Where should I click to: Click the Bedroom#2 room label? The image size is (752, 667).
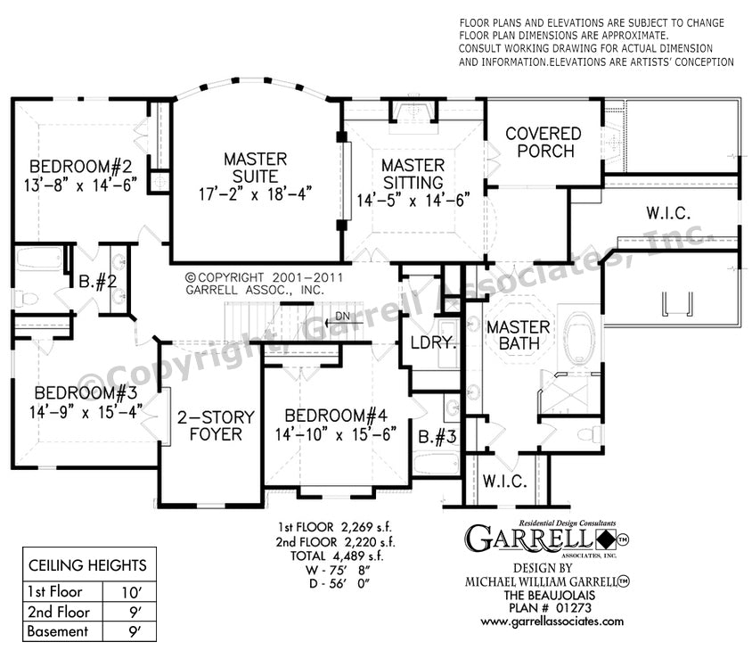click(x=80, y=167)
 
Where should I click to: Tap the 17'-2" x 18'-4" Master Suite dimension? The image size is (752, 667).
click(x=255, y=194)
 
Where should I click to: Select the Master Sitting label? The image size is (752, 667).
click(x=413, y=174)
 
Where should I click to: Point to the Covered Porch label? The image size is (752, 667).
click(x=544, y=142)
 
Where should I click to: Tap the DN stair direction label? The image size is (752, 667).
click(x=342, y=317)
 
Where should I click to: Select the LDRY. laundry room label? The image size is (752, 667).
click(x=433, y=342)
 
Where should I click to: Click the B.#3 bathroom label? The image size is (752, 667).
click(x=437, y=437)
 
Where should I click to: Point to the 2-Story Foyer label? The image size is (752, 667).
click(x=216, y=425)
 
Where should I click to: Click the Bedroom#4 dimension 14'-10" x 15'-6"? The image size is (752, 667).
click(x=336, y=434)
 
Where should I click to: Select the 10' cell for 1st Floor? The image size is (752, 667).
click(x=130, y=593)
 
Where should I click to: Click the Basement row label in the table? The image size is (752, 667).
click(x=58, y=631)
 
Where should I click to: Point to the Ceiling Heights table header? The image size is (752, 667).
click(x=87, y=565)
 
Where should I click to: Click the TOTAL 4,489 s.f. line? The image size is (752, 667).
click(x=337, y=556)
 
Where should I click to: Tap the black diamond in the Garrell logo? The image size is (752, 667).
click(x=606, y=539)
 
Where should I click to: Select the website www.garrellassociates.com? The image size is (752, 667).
click(x=552, y=622)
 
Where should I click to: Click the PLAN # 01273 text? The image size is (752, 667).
click(x=550, y=608)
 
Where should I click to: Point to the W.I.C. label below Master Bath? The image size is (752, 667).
click(x=504, y=481)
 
